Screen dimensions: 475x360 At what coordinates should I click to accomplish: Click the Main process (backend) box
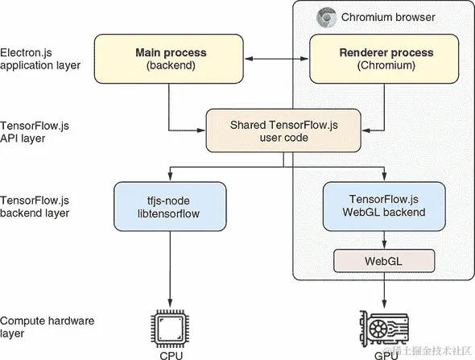coord(169,59)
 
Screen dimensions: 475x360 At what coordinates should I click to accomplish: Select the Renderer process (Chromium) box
coord(384,59)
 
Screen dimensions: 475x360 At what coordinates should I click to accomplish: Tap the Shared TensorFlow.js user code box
coord(283,130)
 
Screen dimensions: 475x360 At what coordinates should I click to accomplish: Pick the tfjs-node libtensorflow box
coord(170,206)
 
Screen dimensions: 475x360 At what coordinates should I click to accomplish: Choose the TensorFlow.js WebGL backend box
coord(384,206)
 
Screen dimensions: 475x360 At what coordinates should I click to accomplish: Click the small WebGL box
coord(384,261)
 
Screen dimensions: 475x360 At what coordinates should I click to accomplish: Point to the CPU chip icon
coord(170,329)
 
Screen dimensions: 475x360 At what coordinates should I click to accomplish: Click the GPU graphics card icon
coord(384,329)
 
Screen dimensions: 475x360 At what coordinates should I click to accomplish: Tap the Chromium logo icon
coord(327,17)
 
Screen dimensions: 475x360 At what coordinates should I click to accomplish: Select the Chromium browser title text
coord(388,17)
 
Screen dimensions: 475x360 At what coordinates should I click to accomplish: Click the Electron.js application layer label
coord(40,59)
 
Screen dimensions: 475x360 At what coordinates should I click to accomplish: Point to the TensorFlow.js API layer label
coord(35,132)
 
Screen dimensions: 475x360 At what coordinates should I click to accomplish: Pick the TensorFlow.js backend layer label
coord(35,207)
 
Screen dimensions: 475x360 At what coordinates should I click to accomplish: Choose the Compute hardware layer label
coord(47,327)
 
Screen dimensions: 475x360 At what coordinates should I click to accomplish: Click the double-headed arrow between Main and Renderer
coord(276,59)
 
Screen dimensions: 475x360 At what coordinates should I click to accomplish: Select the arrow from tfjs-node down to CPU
coord(170,269)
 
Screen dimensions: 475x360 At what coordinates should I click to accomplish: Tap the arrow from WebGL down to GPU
coord(384,290)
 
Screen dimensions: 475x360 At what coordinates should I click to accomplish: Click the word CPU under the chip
coord(171,355)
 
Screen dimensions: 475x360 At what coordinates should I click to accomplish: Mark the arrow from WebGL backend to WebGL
coord(384,240)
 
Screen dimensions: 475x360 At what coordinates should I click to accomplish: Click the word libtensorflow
coord(168,213)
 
